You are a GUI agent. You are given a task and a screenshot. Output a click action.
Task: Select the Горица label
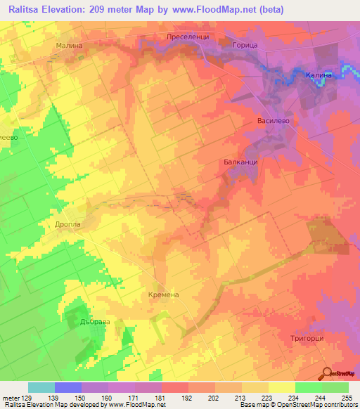coord(245,45)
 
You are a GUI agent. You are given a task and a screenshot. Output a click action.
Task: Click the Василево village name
coord(274,120)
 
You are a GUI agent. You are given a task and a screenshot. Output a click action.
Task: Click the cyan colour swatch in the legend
coord(41,387)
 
